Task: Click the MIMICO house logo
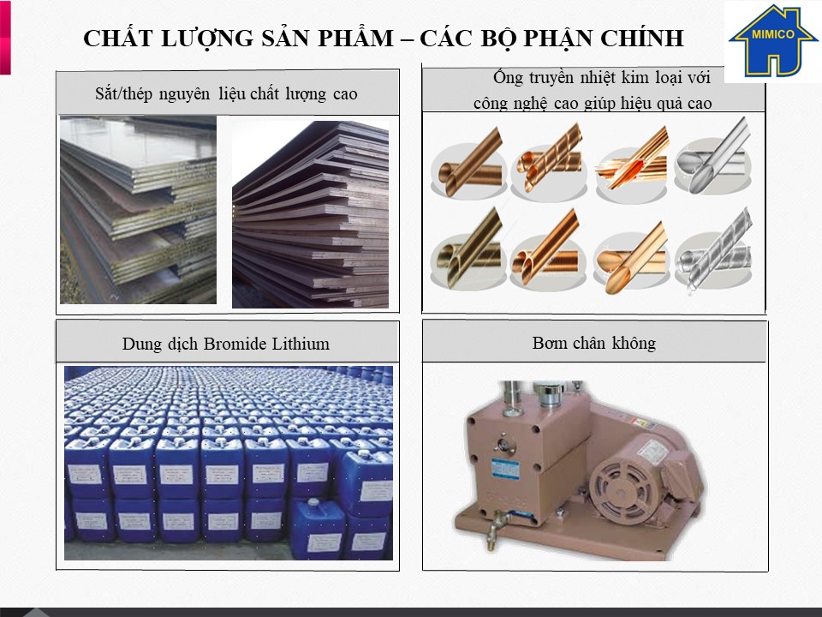point(772,40)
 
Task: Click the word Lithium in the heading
point(301,344)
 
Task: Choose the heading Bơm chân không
point(594,343)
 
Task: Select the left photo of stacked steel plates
point(138,210)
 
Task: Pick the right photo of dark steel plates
point(310,214)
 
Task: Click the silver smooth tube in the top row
point(713,158)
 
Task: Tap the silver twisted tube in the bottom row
point(714,251)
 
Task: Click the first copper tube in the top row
point(468,164)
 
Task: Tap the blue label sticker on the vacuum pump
point(505,469)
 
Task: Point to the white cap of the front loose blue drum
point(313,501)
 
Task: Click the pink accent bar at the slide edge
point(5,37)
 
